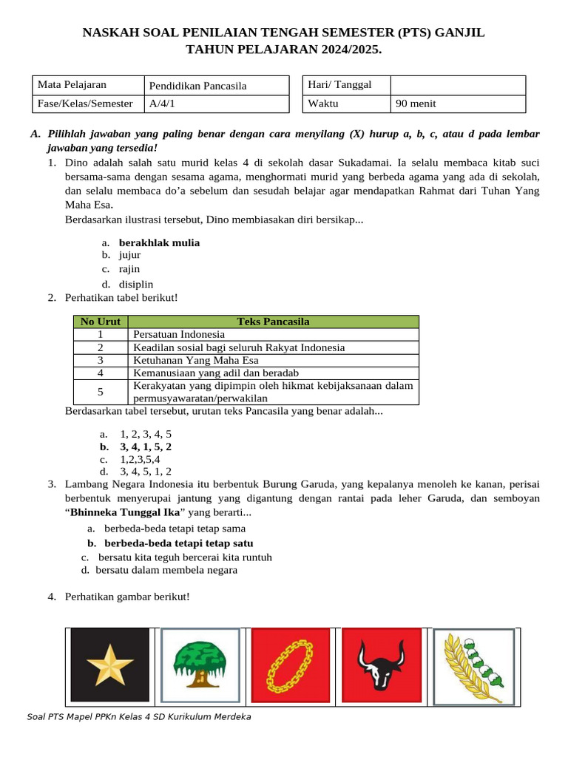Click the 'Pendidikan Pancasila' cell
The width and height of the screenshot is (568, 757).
point(215,86)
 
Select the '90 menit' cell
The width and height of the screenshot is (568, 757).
point(457,103)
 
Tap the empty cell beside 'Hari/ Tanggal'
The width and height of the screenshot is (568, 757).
point(457,85)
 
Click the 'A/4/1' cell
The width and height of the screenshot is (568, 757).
point(215,103)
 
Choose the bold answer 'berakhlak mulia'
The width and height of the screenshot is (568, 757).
point(159,242)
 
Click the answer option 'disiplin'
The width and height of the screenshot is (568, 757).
point(137,284)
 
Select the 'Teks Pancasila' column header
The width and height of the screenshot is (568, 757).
point(273,322)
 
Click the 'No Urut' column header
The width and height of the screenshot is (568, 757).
point(100,322)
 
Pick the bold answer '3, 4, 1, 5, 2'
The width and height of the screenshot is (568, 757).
point(146,447)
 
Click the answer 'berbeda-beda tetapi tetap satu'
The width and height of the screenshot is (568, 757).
point(174,543)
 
